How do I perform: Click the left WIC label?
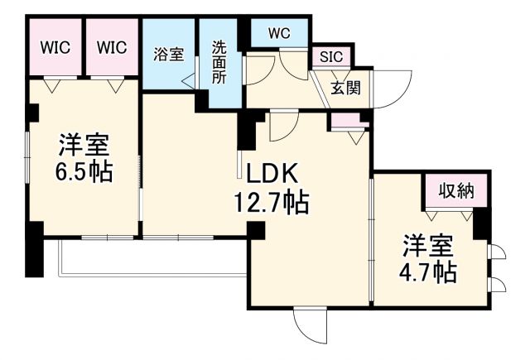click(x=55, y=47)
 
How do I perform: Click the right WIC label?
click(x=110, y=47)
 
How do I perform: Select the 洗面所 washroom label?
click(x=219, y=61)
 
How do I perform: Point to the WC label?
click(x=279, y=34)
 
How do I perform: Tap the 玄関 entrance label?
click(x=345, y=88)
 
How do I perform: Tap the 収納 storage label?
click(x=455, y=191)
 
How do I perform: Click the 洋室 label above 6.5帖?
click(x=84, y=145)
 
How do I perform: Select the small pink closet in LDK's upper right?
click(x=348, y=121)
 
